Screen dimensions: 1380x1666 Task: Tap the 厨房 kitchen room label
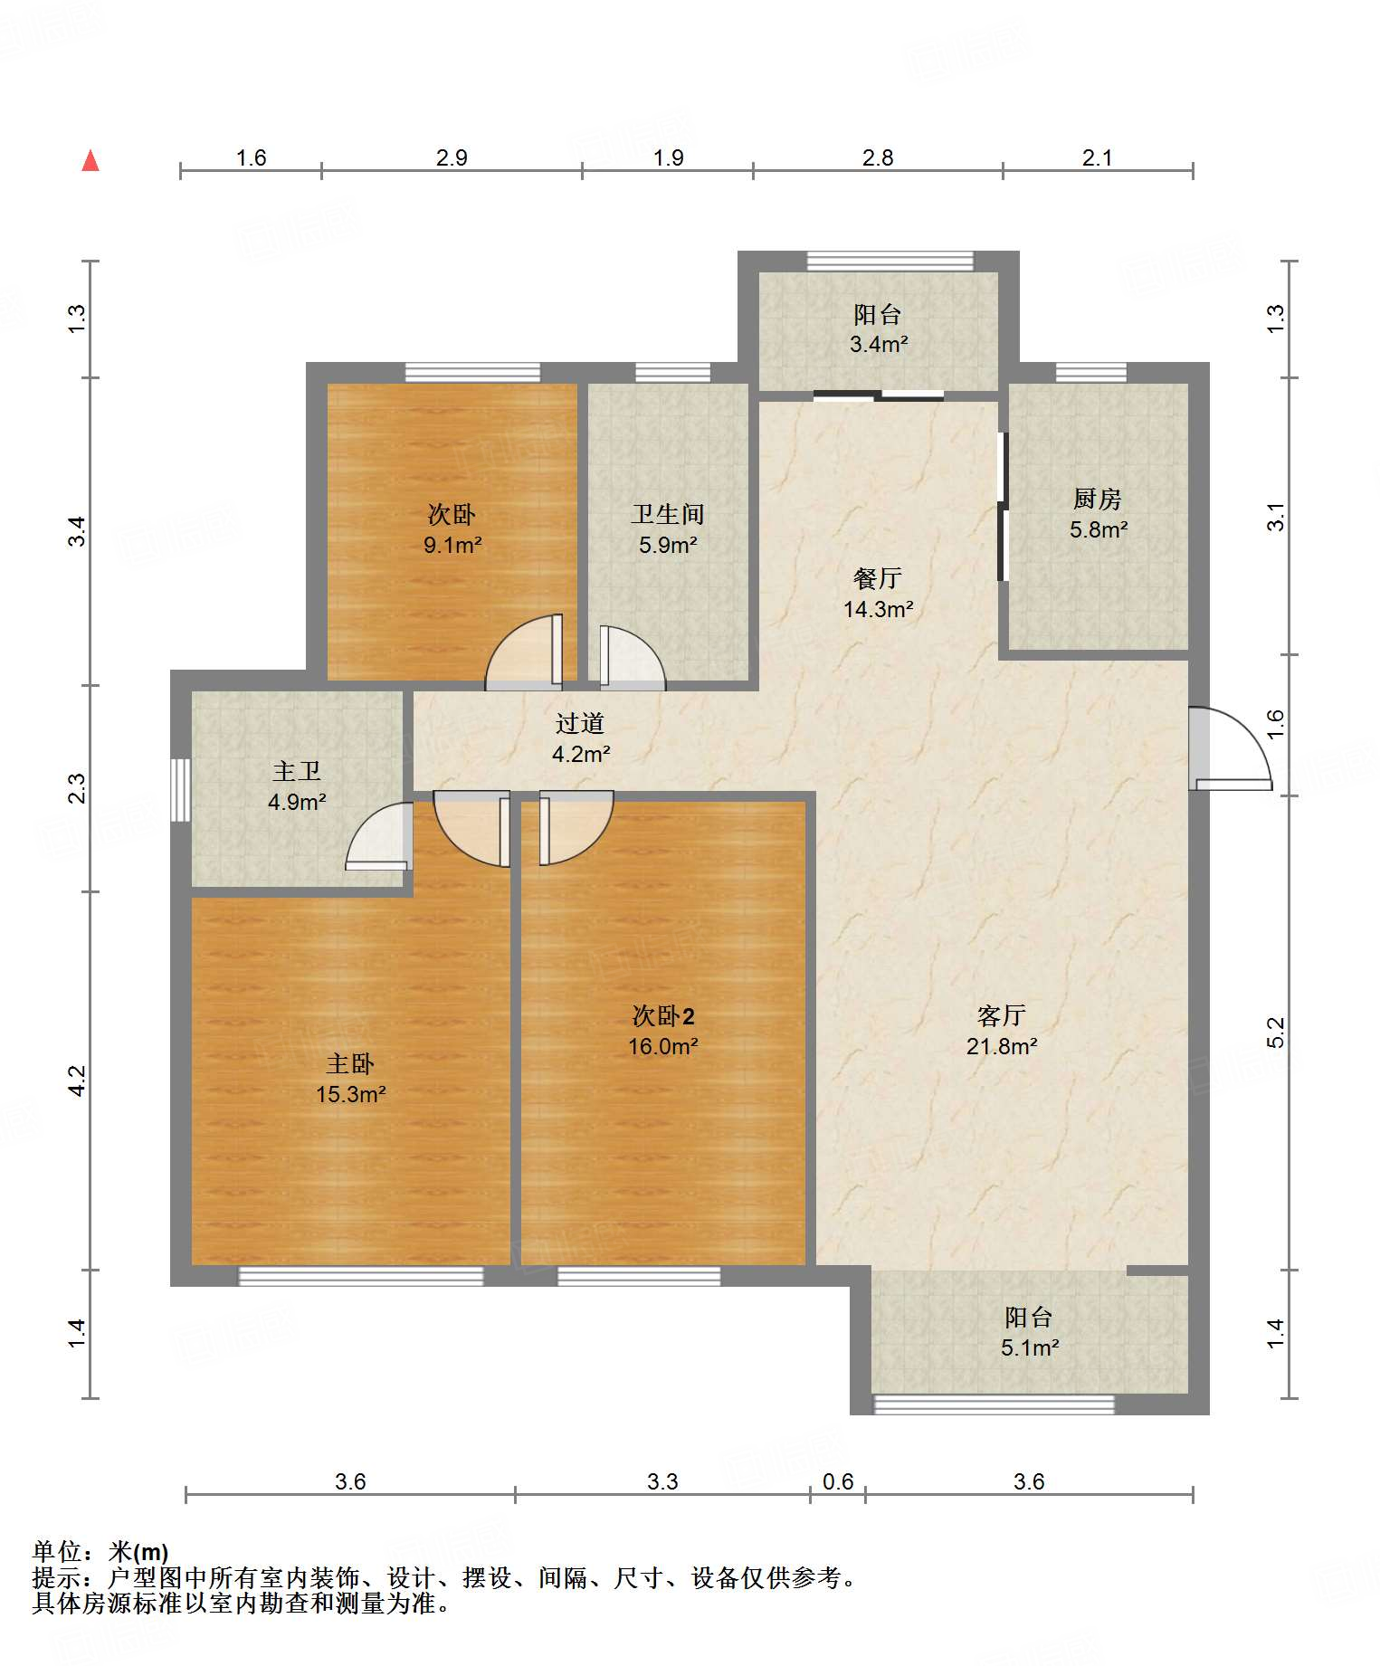(1097, 499)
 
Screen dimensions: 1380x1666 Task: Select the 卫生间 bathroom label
(668, 514)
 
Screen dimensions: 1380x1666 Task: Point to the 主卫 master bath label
(297, 771)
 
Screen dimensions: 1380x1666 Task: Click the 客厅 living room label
(1001, 1015)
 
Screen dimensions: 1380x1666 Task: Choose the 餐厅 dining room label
(878, 578)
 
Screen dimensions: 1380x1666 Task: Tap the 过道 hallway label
(580, 723)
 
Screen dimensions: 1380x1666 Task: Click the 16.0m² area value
(663, 1047)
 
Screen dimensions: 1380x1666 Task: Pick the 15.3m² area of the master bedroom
(351, 1095)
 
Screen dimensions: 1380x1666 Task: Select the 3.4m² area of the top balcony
(879, 345)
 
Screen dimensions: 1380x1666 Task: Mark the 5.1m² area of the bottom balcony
(1030, 1348)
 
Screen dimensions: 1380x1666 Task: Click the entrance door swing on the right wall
(1231, 748)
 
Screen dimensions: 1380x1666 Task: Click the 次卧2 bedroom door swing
(576, 828)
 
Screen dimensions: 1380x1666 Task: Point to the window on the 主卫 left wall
(181, 790)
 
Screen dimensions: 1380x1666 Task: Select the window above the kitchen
(1091, 372)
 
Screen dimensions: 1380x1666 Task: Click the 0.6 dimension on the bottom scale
(838, 1481)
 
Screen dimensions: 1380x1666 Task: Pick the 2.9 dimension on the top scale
(452, 157)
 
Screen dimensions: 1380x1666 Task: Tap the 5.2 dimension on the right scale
(1275, 1033)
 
